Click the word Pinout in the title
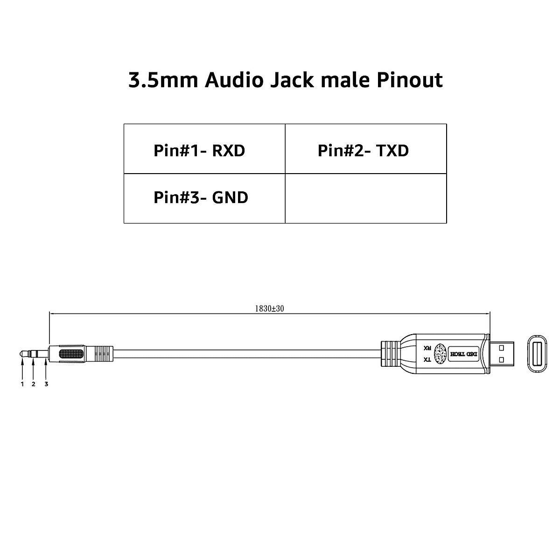click(410, 80)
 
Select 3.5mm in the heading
click(163, 80)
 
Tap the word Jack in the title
click(292, 80)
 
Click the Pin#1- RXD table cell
click(204, 149)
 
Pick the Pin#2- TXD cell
click(366, 149)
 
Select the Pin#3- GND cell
click(204, 198)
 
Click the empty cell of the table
click(366, 198)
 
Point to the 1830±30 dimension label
click(269, 308)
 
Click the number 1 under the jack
click(22, 384)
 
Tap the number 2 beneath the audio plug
click(34, 384)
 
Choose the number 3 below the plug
click(46, 384)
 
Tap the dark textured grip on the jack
click(71, 354)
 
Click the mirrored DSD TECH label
click(463, 354)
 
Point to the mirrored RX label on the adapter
click(427, 348)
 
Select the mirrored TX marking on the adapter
click(427, 360)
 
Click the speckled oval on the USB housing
click(440, 354)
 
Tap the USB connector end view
click(537, 354)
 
